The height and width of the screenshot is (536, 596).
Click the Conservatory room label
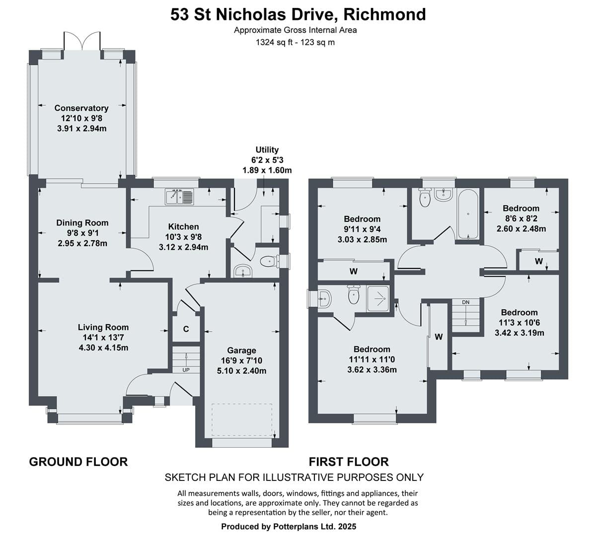(x=81, y=108)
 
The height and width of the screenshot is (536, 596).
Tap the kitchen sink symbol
(x=179, y=197)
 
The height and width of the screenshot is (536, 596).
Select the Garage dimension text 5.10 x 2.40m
(x=241, y=371)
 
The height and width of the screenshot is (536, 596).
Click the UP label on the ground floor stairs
(x=186, y=370)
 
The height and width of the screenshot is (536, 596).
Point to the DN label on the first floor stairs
(x=465, y=302)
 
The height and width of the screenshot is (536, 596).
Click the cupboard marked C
(x=186, y=329)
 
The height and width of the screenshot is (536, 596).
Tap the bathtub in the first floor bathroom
(x=468, y=214)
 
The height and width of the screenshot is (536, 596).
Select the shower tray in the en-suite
(x=377, y=298)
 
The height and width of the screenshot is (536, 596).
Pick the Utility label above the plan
(x=267, y=150)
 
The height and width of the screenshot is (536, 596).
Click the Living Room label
(x=103, y=327)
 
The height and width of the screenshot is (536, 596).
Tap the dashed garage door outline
(x=242, y=419)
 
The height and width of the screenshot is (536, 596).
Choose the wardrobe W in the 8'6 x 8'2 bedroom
(x=539, y=262)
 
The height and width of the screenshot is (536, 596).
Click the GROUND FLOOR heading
(x=78, y=462)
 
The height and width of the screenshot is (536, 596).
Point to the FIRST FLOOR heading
(x=349, y=462)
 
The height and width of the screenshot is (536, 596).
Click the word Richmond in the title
(x=385, y=14)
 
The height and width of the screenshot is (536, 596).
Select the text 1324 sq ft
(x=275, y=43)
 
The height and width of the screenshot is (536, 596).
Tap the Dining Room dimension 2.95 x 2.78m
(x=82, y=244)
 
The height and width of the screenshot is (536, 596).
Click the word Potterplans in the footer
(x=296, y=527)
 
